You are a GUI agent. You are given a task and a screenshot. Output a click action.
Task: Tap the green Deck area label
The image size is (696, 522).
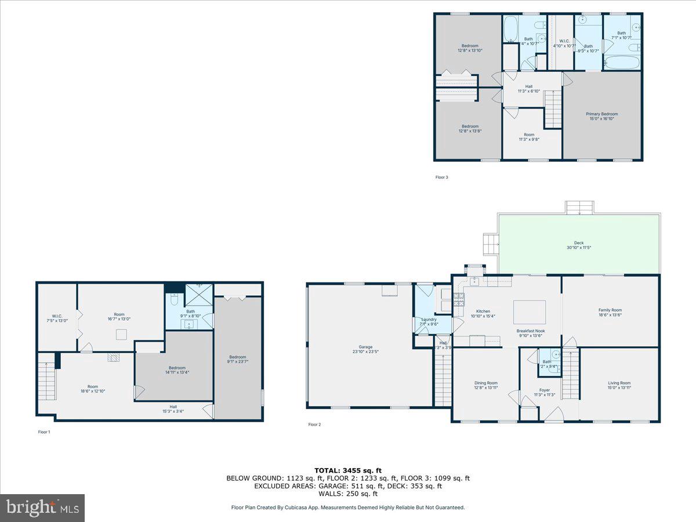[x=578, y=245]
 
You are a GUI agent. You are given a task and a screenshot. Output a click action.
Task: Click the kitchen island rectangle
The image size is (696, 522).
[x=530, y=312]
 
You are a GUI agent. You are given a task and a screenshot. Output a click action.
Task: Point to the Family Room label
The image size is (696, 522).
[x=610, y=313]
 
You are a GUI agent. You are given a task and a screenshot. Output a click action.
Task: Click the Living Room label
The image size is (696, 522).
[x=619, y=385]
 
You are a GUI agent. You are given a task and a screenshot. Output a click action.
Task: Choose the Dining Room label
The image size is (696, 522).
[x=485, y=385]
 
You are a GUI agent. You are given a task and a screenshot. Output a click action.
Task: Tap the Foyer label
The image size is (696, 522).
[x=544, y=393]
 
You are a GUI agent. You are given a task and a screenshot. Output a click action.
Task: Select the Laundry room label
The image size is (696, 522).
[x=429, y=321]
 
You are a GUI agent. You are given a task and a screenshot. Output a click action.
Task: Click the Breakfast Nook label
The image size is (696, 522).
[x=530, y=333]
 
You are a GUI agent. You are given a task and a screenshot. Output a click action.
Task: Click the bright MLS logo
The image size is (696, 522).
[x=42, y=508]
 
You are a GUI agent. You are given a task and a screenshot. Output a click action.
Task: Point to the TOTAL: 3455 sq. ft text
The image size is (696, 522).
[x=348, y=470]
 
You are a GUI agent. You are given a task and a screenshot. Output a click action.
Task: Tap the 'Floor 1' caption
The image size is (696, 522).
[x=44, y=432]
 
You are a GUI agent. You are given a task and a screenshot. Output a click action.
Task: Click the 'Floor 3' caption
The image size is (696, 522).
[x=442, y=177]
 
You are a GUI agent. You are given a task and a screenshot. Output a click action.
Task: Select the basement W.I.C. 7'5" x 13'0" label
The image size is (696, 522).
[x=57, y=318]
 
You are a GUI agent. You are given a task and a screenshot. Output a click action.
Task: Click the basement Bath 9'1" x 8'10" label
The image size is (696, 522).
[x=190, y=313]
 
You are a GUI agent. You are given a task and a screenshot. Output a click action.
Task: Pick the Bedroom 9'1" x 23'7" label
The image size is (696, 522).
[x=237, y=359]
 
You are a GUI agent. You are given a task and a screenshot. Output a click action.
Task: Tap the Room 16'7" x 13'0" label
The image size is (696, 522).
[x=119, y=316]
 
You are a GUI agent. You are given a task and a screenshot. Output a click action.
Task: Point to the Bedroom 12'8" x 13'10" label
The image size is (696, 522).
[x=470, y=48]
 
